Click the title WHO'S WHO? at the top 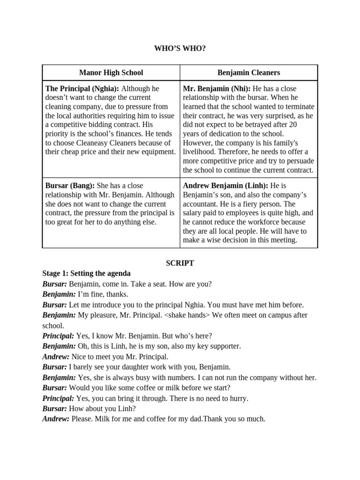[180, 48]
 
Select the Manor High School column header [111, 73]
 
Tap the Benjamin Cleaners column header [248, 73]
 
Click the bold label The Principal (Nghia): [82, 89]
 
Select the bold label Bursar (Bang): [70, 186]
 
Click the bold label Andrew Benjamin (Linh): [226, 186]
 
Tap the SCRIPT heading [180, 263]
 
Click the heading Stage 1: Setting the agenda [86, 273]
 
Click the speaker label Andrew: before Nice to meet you [56, 357]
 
